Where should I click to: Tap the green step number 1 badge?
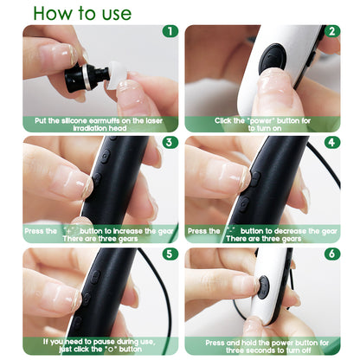[x=170, y=32]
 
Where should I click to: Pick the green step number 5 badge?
[x=170, y=255]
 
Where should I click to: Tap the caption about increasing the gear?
[x=100, y=235]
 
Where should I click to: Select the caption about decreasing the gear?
[x=260, y=235]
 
